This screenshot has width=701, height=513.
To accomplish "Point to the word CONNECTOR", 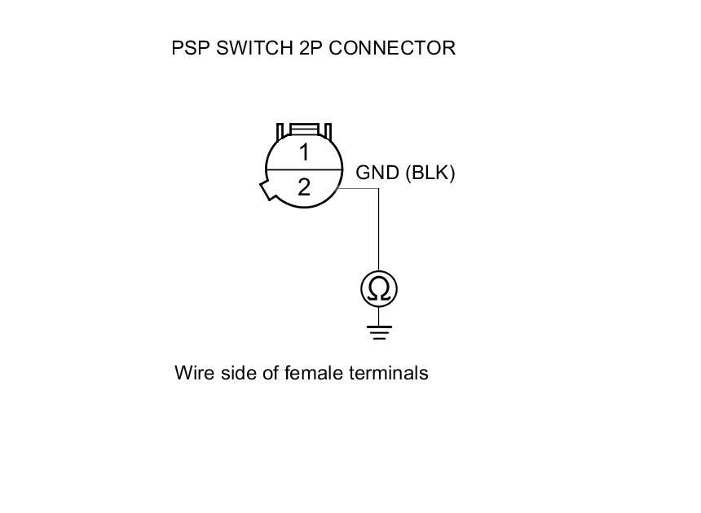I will pos(391,48).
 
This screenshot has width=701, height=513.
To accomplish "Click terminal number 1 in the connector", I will pos(304,152).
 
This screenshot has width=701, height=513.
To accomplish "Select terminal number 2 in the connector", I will pos(304,188).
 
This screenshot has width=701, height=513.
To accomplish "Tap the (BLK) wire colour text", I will pos(430,173).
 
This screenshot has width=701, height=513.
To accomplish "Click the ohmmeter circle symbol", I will pos(379,289).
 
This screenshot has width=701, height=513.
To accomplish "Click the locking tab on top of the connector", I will pos(304,130).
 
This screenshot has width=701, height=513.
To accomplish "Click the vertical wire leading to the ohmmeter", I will pos(379,232).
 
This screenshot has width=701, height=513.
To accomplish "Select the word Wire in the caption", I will pos(192,373).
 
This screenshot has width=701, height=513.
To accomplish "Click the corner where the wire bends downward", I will pos(379,189).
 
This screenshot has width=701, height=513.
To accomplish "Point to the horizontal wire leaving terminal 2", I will pos(359,189).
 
